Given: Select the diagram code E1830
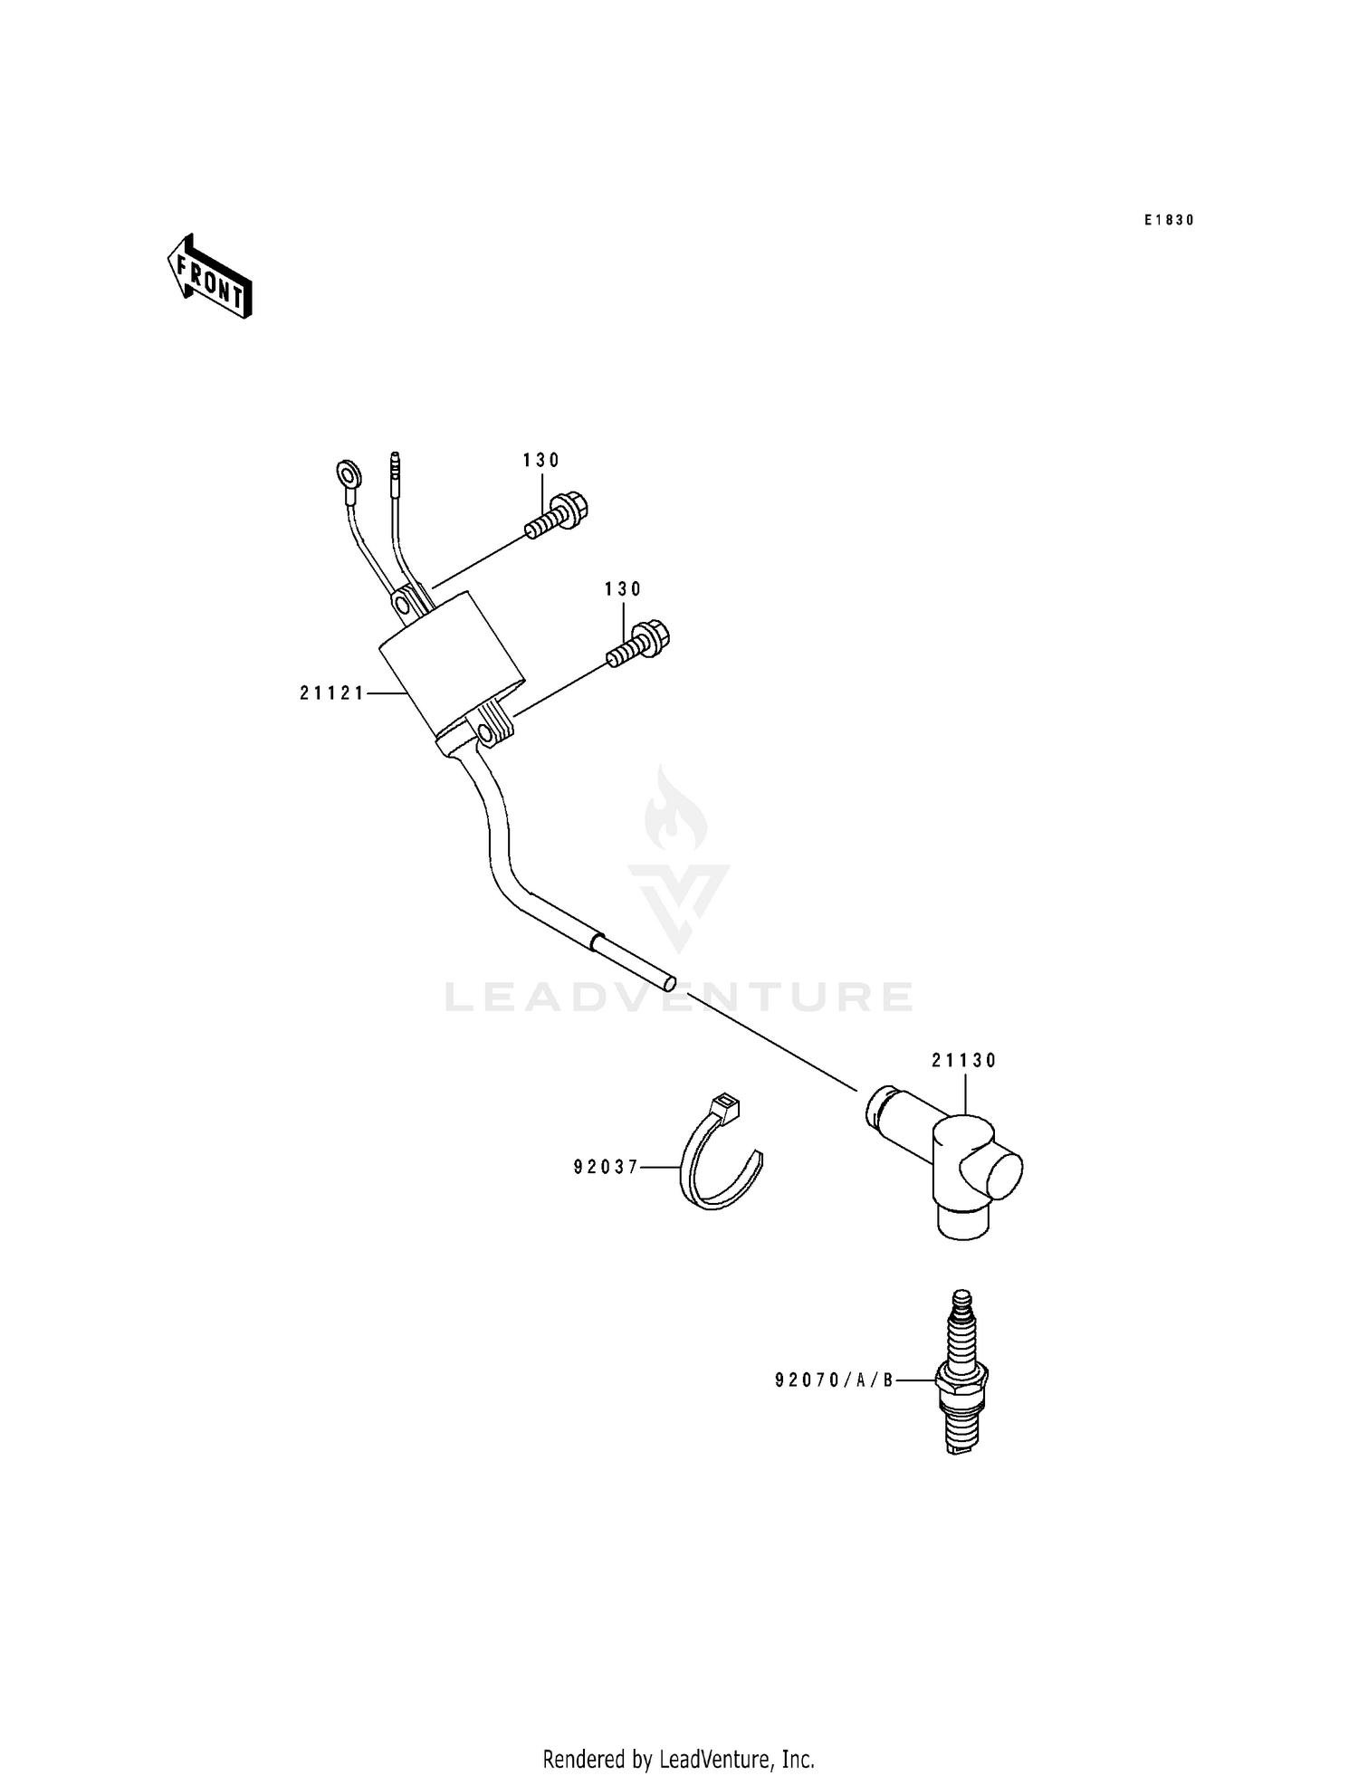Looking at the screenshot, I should tap(1168, 220).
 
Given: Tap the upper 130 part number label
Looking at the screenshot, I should tap(541, 461).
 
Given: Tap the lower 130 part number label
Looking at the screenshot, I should tap(623, 589).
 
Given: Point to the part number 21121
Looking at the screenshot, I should tap(332, 693).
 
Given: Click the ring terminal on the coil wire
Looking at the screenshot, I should tap(347, 473).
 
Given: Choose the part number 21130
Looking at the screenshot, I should tap(963, 1060).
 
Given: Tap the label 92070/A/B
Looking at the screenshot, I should tap(834, 1380).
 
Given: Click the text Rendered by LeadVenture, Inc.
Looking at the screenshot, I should tap(678, 1759).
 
